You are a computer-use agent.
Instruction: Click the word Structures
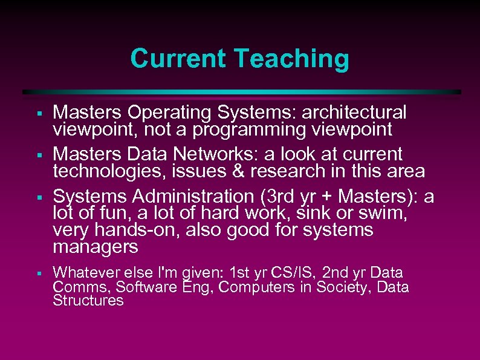point(88,301)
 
